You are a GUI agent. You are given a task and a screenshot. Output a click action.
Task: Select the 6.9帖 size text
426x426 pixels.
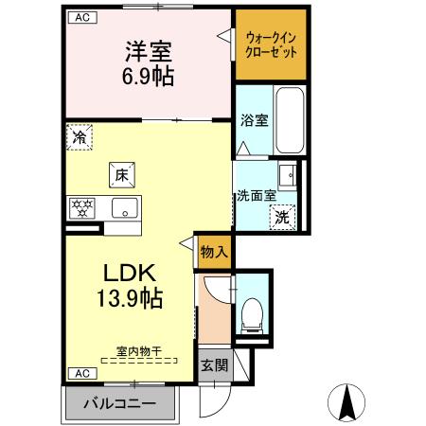(x=147, y=78)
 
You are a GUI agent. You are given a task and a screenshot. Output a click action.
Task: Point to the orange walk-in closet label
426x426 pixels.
(x=272, y=44)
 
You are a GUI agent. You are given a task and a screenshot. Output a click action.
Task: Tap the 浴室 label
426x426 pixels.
(x=254, y=120)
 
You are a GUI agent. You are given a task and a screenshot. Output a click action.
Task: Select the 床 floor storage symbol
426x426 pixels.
(x=121, y=175)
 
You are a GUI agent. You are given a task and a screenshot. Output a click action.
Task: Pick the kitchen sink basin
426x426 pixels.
(x=122, y=209)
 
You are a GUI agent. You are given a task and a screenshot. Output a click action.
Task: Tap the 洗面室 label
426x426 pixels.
(x=256, y=197)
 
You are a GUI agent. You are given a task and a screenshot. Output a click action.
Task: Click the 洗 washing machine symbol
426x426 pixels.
(x=282, y=218)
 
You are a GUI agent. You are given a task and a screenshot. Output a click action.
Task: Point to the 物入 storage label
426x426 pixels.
(x=214, y=252)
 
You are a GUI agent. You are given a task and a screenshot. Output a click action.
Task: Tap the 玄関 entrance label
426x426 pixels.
(x=214, y=365)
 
